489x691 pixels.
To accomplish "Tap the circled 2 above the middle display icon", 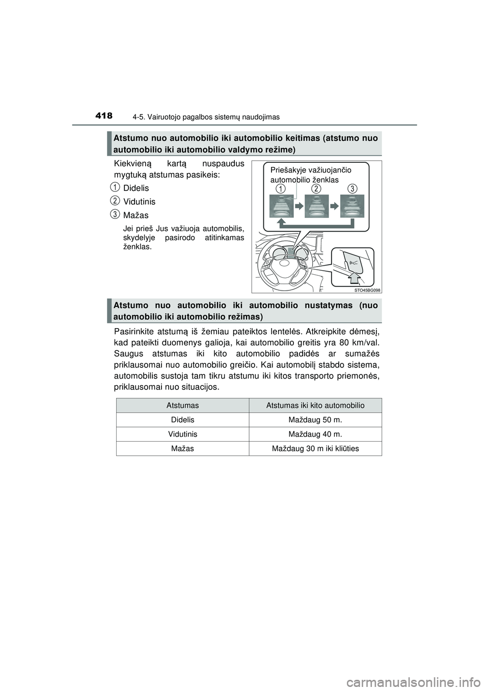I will [317, 189].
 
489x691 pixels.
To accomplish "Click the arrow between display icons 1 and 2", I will [299, 207].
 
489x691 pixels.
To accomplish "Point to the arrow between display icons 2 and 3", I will [335, 207].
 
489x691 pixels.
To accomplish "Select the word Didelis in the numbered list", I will [136, 188].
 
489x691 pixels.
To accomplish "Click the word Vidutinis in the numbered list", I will [139, 202].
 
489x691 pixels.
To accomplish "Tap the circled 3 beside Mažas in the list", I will [116, 214].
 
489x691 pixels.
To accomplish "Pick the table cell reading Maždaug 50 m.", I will [315, 420].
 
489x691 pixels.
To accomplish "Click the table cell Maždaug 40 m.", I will [315, 434].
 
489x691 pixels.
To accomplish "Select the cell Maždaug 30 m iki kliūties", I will [315, 448].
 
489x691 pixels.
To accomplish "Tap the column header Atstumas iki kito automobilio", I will [315, 406].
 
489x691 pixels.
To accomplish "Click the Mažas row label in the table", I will [182, 448].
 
